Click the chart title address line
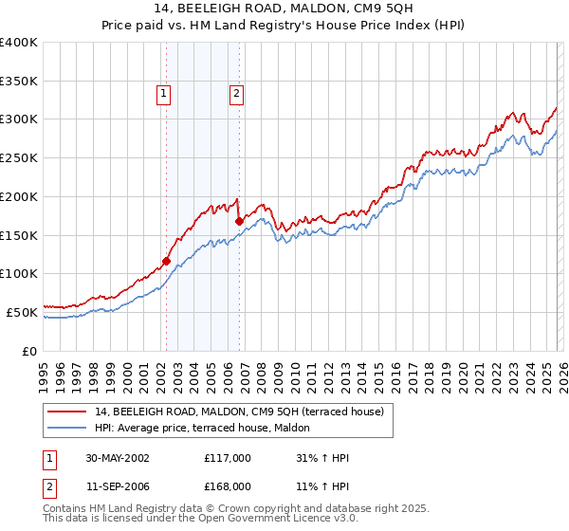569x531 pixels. (x=284, y=9)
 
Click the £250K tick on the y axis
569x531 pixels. (x=20, y=157)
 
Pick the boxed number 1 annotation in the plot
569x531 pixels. (x=164, y=93)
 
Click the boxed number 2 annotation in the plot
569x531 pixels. (x=235, y=93)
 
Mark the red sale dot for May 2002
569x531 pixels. (x=166, y=261)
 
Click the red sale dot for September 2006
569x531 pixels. (x=239, y=221)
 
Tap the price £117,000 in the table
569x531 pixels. (x=228, y=458)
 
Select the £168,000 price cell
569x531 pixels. (x=228, y=485)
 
